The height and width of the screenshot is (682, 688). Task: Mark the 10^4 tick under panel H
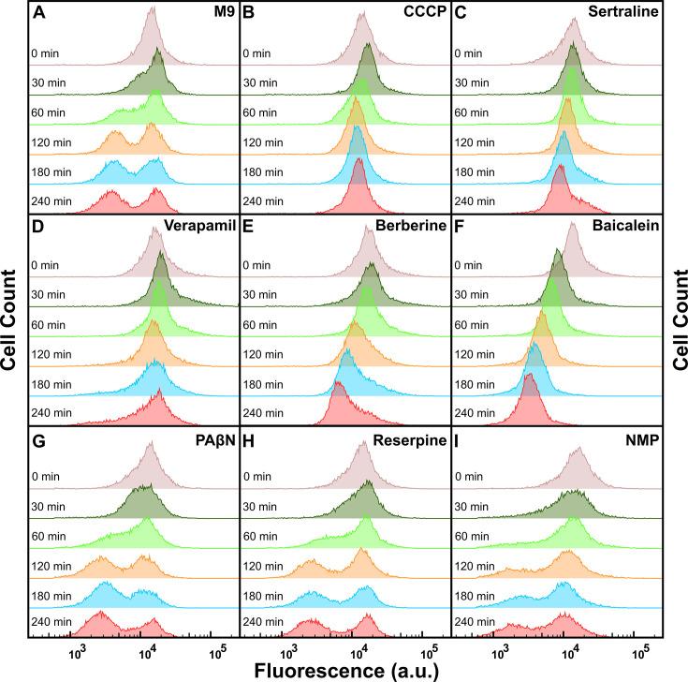tap(357, 651)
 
